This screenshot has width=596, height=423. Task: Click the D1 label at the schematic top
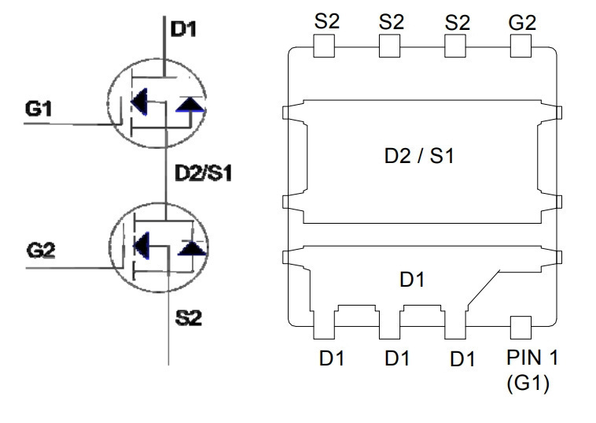tap(183, 29)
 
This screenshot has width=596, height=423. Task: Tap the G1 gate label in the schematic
tap(38, 109)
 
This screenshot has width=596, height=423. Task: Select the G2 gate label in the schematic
tap(41, 250)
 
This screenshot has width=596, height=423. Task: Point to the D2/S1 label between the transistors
tap(203, 173)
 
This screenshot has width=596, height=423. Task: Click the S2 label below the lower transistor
tap(189, 317)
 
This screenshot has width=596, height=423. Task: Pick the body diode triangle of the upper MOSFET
tap(190, 105)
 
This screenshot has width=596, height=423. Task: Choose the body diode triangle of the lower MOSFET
tap(193, 248)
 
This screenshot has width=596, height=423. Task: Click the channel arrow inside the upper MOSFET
tap(139, 102)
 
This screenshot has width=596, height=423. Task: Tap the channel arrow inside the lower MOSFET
tap(142, 245)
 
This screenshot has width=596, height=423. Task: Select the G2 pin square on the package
tap(521, 46)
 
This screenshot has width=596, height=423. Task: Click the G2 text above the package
tap(522, 23)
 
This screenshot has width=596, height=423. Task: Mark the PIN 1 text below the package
tap(532, 358)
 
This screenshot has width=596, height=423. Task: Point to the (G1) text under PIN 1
tap(528, 383)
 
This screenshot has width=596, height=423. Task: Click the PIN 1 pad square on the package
tap(521, 328)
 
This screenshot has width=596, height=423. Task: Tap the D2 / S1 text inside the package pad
tap(419, 156)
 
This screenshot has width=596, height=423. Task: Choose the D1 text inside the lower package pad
tap(413, 280)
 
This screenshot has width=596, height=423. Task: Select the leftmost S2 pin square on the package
tap(324, 46)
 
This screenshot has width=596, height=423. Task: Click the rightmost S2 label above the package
tap(458, 23)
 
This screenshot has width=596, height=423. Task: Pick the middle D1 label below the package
tap(397, 358)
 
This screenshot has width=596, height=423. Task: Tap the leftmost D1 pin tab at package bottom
tap(324, 325)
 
